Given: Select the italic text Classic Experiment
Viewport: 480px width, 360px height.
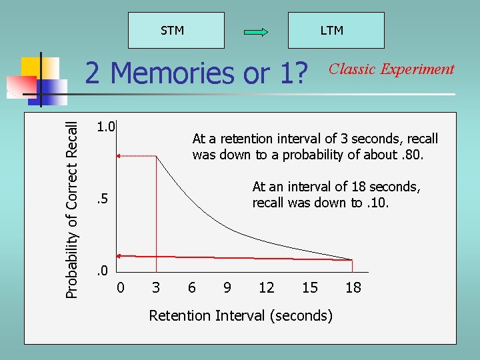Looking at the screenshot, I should click(x=392, y=69).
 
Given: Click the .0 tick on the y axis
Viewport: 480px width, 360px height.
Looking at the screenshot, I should click(x=101, y=270).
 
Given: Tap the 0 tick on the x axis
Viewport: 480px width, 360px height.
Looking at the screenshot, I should click(x=120, y=288).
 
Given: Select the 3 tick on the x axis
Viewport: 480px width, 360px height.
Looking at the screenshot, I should click(x=156, y=288).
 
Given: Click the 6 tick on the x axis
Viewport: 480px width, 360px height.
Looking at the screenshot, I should click(x=192, y=288).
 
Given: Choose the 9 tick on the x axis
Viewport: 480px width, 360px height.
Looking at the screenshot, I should click(x=228, y=288).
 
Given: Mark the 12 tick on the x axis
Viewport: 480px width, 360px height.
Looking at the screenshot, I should click(x=267, y=288).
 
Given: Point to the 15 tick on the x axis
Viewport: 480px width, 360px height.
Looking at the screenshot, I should click(x=310, y=288).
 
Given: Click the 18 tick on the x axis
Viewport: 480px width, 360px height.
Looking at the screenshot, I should click(x=353, y=288).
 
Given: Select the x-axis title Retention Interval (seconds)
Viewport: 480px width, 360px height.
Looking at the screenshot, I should click(x=241, y=315).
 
